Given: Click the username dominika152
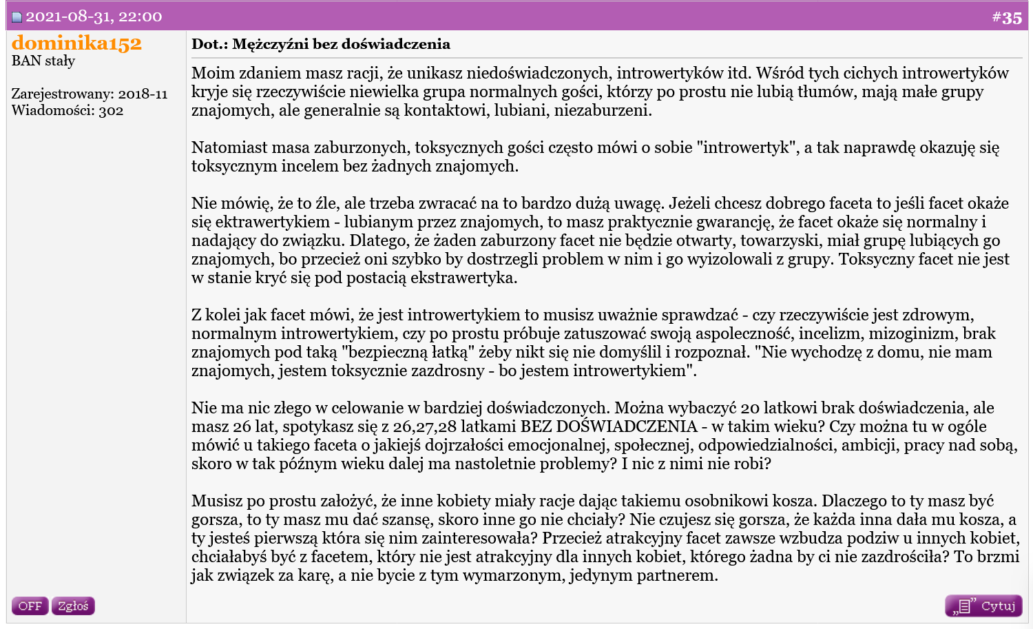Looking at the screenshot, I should click(x=76, y=43).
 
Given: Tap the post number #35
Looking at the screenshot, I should click(x=1007, y=17).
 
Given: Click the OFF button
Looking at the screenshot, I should click(x=30, y=606).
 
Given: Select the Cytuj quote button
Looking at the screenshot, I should click(x=983, y=606).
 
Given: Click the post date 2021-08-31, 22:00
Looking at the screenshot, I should click(x=94, y=17).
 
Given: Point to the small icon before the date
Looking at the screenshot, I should click(x=17, y=17).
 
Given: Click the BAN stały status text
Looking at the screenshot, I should click(x=43, y=61).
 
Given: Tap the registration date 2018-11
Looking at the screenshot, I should click(x=143, y=94).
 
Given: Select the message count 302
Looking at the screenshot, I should click(x=111, y=110).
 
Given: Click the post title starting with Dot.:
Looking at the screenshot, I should click(x=321, y=44).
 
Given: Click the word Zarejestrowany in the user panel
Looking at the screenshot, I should click(x=62, y=94).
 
